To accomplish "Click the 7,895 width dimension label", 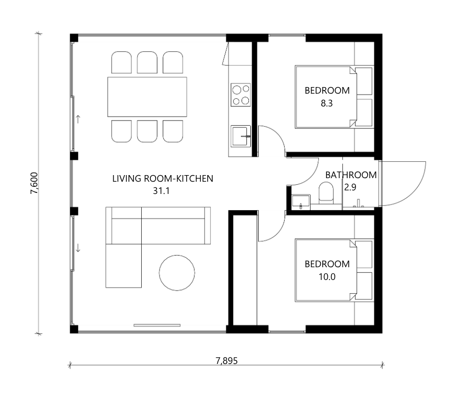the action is point(226,361).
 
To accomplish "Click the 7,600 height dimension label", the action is point(34,183).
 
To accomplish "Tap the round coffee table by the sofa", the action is point(177,273).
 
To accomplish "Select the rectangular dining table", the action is point(147,97).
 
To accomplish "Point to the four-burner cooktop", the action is point(241,95).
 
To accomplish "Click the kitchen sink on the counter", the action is point(241,136).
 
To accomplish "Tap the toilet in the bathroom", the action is point(326,192).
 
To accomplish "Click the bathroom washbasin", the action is point(301,202).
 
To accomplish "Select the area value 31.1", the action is point(161,191).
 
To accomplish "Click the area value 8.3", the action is point(327,103).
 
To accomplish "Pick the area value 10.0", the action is point(327,277).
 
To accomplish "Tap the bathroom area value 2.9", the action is point(350,187).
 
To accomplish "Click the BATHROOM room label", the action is point(351,175).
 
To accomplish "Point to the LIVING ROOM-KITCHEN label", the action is point(163,178).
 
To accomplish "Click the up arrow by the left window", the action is point(78,119).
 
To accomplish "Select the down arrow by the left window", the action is point(78,248).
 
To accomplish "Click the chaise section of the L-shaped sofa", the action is point(123,266).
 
